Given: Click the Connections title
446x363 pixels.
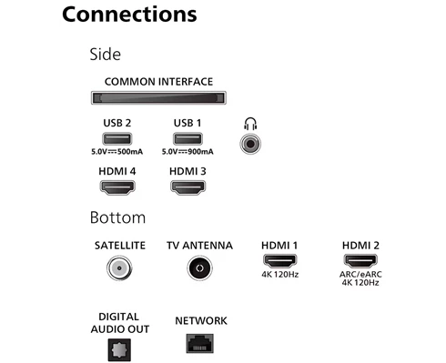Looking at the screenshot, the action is (129, 15).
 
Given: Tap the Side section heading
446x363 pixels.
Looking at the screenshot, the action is (106, 55).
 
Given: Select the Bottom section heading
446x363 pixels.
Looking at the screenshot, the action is (117, 217).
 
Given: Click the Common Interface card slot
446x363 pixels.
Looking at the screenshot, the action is (158, 97).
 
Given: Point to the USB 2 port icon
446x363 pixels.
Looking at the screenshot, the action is (117, 139).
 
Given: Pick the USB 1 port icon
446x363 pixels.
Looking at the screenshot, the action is (188, 139).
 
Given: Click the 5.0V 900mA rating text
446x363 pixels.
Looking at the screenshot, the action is (188, 152).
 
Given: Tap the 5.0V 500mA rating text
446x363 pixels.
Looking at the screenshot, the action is (117, 152).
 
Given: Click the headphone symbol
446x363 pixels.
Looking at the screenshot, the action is (250, 124).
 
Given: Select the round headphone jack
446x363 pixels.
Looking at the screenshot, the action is (250, 144).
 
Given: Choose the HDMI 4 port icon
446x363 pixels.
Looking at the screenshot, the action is (117, 187).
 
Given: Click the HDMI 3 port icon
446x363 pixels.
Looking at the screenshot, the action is (188, 187).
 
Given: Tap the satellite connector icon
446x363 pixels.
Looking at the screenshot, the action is (119, 268).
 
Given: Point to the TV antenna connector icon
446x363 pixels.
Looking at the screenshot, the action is (199, 268).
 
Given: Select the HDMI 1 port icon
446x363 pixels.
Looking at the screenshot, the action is (279, 260).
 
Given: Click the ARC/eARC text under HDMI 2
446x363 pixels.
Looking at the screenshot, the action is (360, 275).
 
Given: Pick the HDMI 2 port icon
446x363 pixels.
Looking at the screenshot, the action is (360, 260).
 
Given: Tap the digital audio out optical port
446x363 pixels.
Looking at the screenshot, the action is (119, 350).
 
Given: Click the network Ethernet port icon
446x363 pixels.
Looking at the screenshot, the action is (200, 344).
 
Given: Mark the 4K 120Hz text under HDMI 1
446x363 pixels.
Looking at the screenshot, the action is (280, 275).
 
